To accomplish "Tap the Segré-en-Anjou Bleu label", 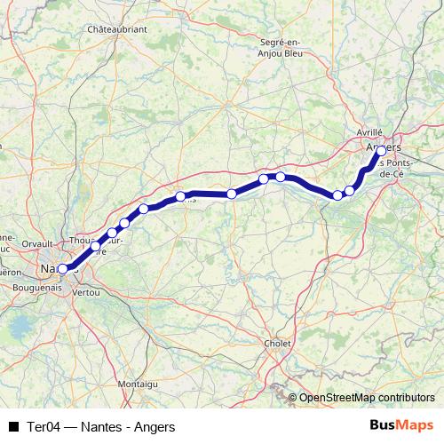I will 281,46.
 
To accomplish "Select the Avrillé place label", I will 369,131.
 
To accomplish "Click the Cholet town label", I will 278,342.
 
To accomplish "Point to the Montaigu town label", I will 137,383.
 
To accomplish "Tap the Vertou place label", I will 86,291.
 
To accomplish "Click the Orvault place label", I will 37,242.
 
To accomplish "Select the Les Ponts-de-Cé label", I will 394,169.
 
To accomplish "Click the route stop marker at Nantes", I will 62,268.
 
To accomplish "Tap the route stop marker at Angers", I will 381,151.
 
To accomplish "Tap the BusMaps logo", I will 400,426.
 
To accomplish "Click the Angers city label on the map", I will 384,145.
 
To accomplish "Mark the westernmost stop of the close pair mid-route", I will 264,179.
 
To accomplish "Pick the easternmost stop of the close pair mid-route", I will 281,177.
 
